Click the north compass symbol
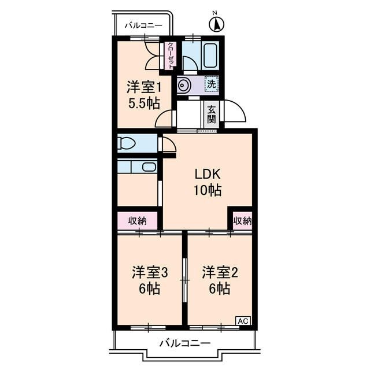pos(216,24)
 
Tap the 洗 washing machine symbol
pos(211,84)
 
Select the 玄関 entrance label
pos(212,114)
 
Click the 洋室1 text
pos(143,88)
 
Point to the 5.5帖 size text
pos(143,104)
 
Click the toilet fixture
pos(127,142)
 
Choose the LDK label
pos(208,174)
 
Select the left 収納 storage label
pos(138,220)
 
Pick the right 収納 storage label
pos(243,220)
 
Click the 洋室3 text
pos(149,272)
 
